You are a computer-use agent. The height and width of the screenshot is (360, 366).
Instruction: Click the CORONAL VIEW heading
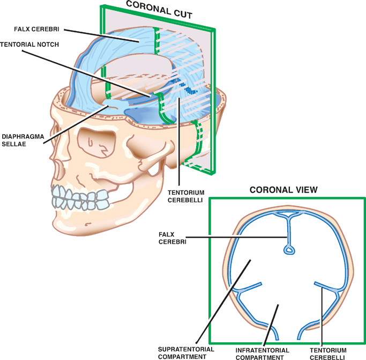(x=283, y=189)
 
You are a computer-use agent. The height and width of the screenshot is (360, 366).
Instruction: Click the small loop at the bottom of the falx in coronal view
(x=289, y=249)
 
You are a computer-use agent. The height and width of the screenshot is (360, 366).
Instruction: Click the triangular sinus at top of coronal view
(x=289, y=216)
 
